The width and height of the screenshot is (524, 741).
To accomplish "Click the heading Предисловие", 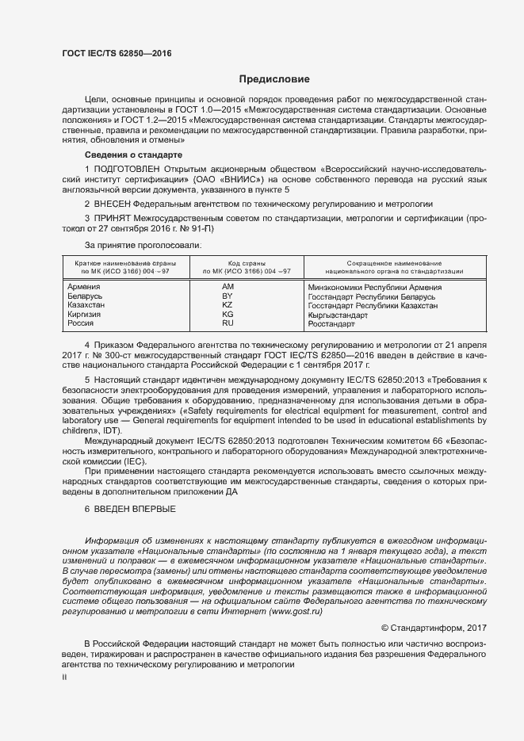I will [275, 79].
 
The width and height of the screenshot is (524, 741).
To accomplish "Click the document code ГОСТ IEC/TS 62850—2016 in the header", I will [116, 53].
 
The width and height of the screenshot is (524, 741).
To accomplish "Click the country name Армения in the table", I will [84, 286].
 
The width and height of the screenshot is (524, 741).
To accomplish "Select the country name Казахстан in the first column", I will [86, 305].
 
